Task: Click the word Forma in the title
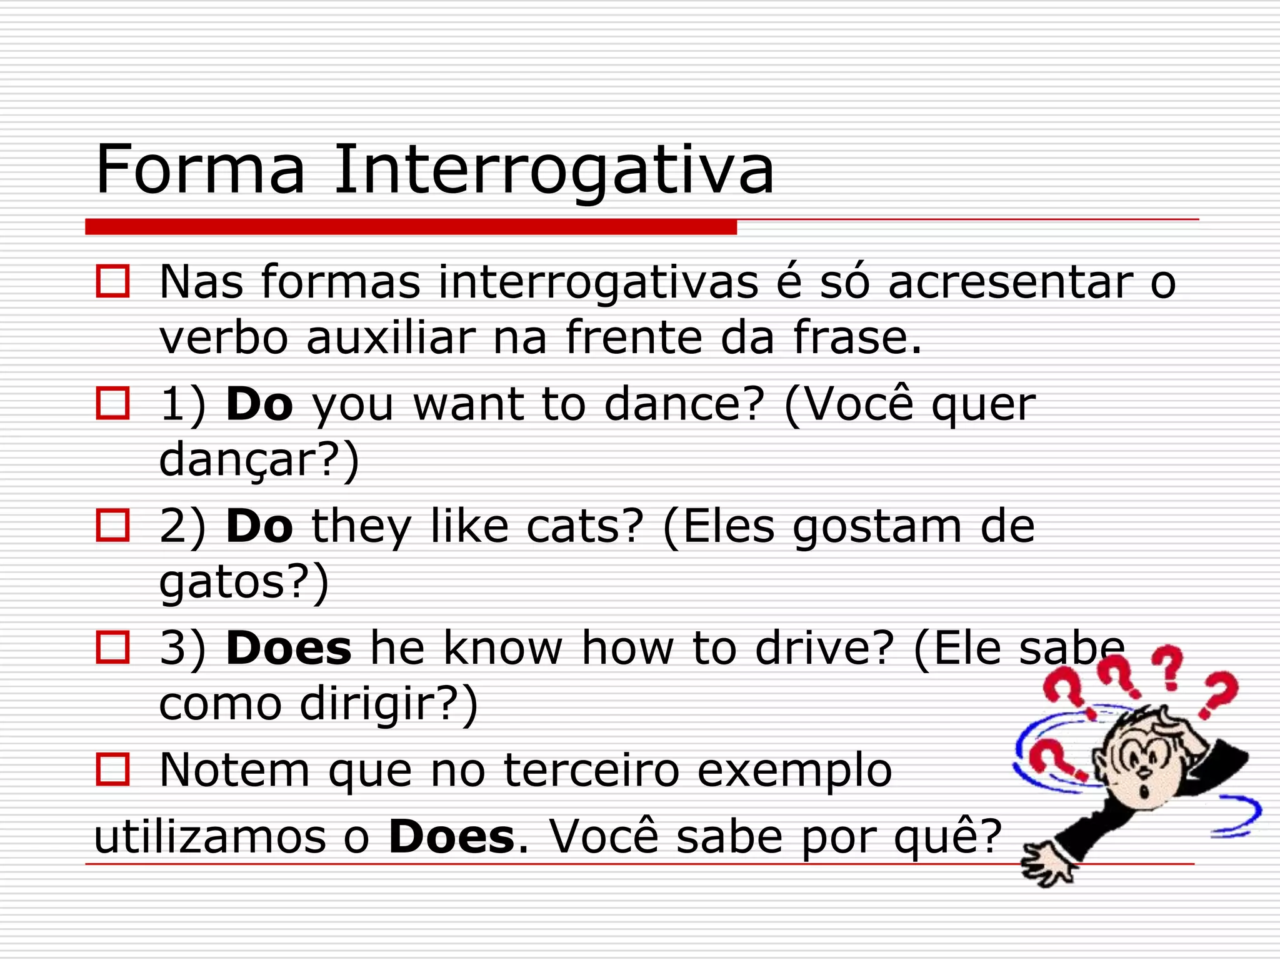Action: [200, 170]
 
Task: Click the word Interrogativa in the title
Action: [553, 170]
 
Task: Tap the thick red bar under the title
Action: [411, 227]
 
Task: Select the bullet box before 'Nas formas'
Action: [112, 281]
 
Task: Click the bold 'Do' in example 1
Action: [259, 404]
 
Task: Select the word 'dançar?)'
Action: [259, 460]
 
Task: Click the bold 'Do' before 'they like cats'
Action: [259, 526]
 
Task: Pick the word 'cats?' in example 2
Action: [584, 526]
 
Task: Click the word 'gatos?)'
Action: [244, 582]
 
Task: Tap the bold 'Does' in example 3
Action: [288, 648]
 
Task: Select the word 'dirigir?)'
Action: [389, 704]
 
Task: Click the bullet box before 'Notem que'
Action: [112, 769]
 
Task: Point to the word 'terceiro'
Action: [591, 771]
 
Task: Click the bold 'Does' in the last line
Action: [452, 837]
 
